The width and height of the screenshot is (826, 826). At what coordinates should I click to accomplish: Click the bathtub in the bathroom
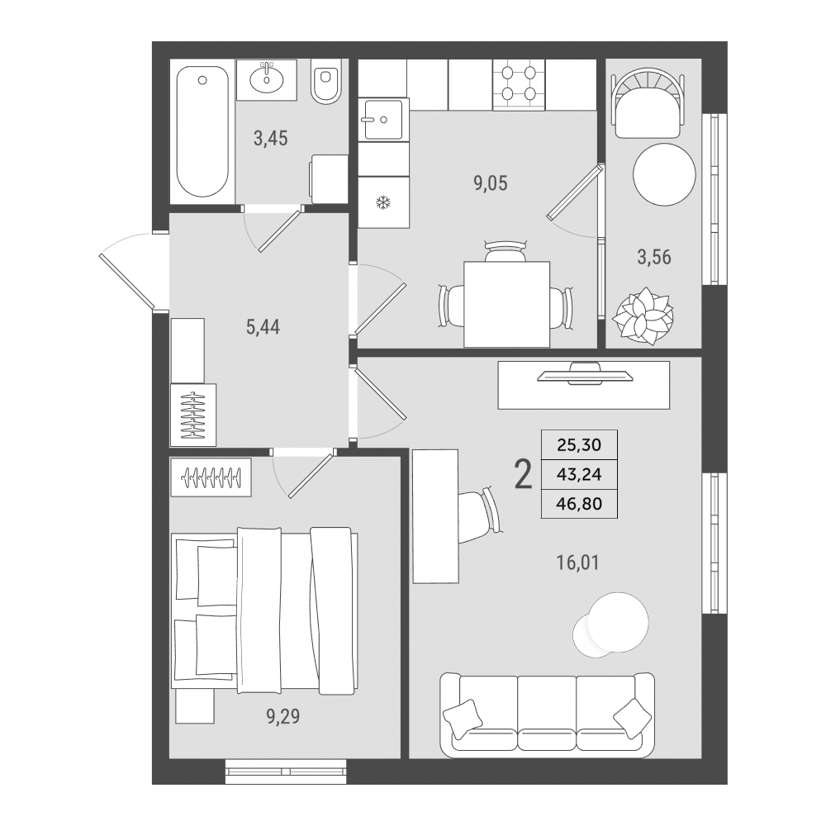203,131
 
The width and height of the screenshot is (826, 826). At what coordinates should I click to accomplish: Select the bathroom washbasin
267,79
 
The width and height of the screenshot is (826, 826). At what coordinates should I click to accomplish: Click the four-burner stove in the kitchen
519,85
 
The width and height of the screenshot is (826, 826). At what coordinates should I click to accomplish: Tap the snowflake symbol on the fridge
383,202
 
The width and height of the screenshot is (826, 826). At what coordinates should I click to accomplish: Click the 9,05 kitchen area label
491,183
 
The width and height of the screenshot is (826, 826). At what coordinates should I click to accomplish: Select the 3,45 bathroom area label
271,139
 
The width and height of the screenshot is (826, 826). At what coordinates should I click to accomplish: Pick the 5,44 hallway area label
263,327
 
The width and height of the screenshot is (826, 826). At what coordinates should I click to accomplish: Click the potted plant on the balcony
643,316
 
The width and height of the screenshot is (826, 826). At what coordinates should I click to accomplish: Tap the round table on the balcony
664,174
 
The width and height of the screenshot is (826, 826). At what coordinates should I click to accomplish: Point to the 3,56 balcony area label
654,257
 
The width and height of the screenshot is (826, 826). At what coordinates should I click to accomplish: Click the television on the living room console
585,373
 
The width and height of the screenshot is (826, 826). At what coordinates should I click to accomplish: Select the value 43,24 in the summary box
579,475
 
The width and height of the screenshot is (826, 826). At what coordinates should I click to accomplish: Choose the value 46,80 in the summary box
579,504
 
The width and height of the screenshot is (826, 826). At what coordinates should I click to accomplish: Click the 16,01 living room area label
578,563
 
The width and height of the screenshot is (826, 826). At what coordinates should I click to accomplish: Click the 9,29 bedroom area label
283,716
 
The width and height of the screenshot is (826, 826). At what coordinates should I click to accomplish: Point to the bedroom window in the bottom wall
286,771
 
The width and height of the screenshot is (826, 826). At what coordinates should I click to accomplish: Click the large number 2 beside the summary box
523,474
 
